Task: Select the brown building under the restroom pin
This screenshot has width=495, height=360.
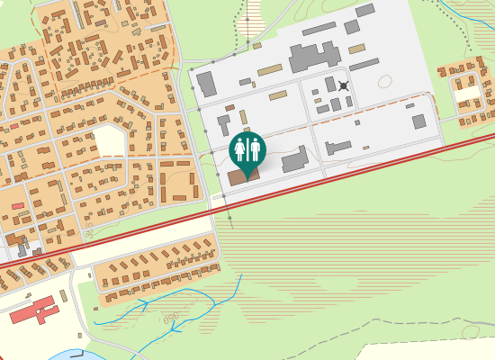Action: (x=242, y=175)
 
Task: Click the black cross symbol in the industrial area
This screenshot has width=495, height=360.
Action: (x=343, y=86)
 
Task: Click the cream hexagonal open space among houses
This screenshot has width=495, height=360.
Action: (x=108, y=141)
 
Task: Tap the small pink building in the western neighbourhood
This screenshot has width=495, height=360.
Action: (x=18, y=206)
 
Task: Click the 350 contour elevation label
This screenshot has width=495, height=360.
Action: (x=169, y=318)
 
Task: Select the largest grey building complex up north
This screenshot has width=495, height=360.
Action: (x=314, y=58)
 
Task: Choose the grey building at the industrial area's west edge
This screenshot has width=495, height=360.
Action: (x=206, y=84)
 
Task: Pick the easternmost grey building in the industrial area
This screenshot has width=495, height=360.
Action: (x=419, y=121)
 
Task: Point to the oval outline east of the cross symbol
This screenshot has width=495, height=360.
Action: (x=385, y=82)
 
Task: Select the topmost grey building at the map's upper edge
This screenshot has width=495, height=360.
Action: (x=365, y=10)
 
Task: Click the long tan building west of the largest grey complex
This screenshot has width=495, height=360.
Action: (x=270, y=69)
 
